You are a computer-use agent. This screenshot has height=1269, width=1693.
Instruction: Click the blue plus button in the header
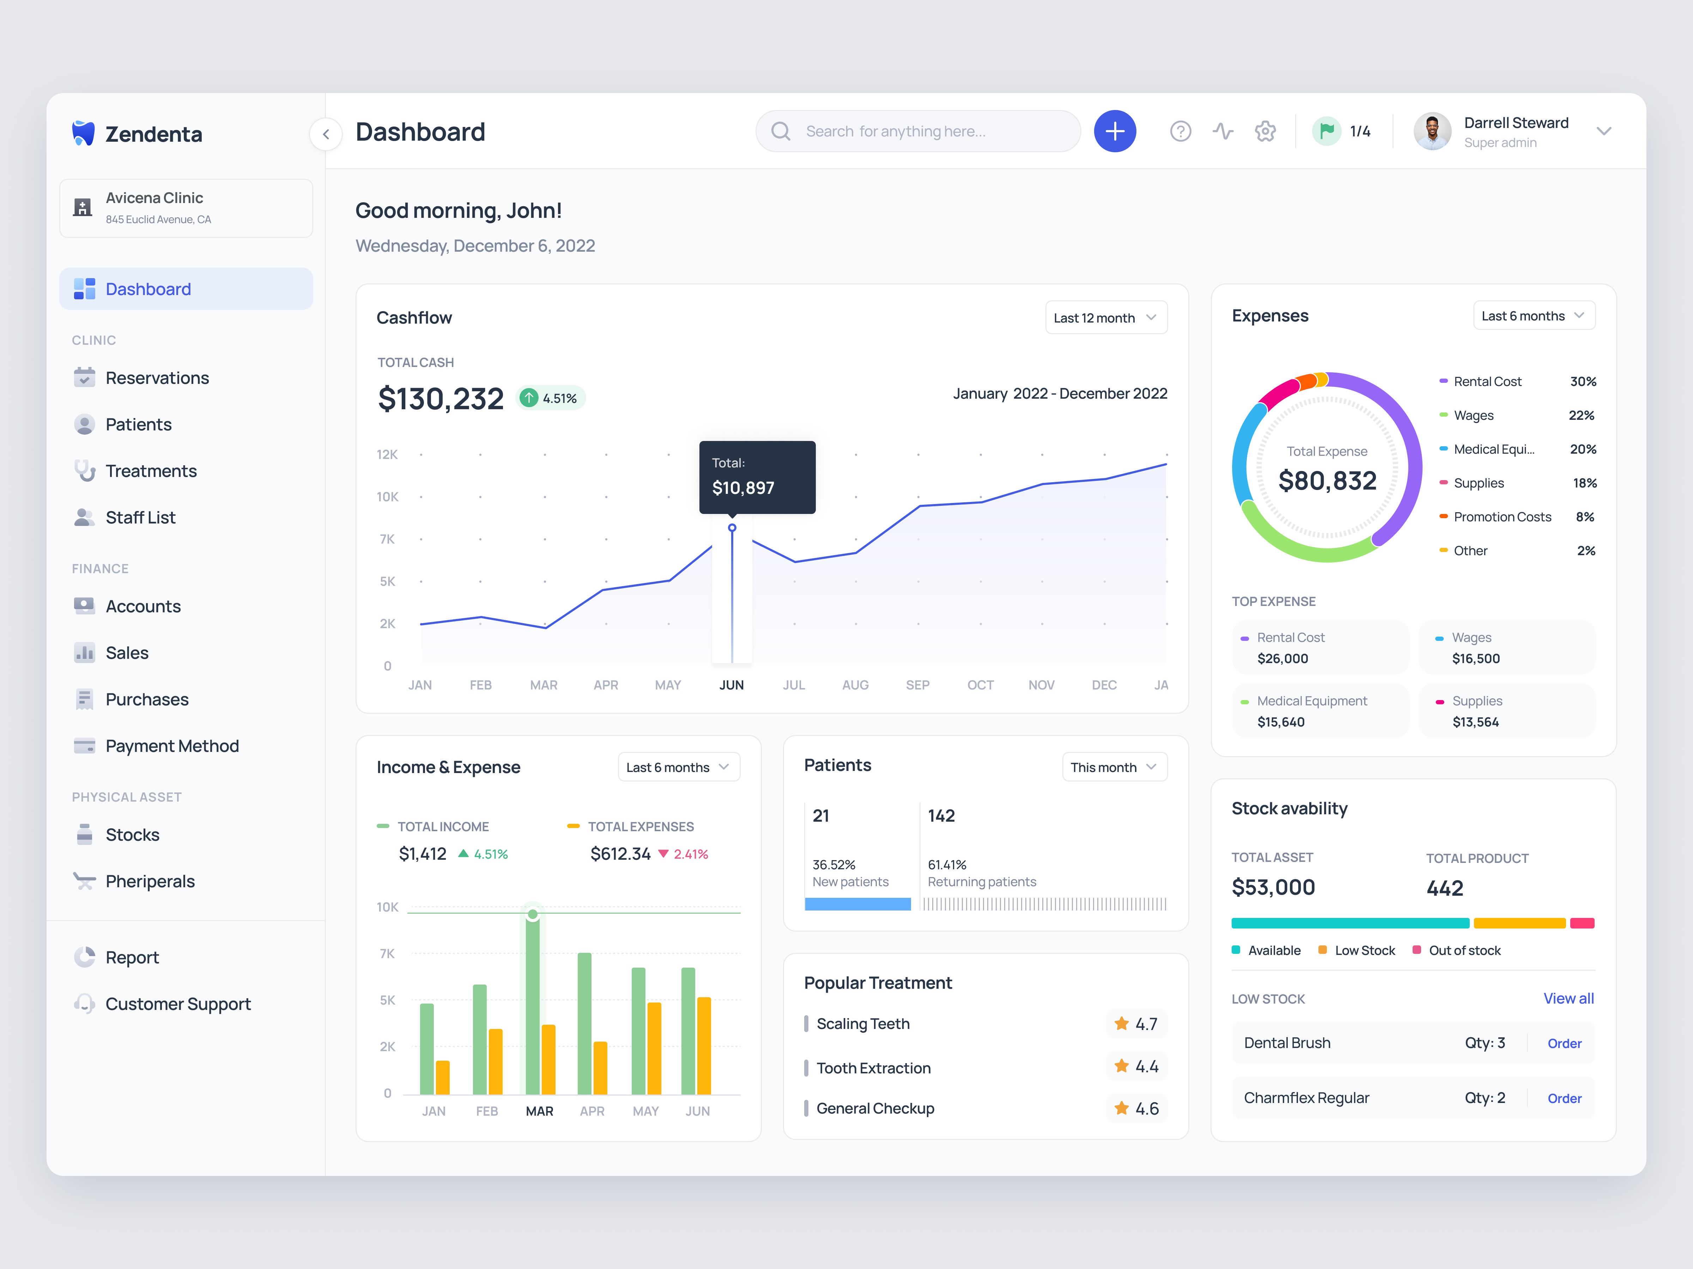pyautogui.click(x=1114, y=131)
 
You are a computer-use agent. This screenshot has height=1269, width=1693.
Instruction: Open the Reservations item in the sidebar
pyautogui.click(x=157, y=378)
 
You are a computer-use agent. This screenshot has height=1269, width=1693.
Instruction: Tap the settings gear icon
pyautogui.click(x=1265, y=131)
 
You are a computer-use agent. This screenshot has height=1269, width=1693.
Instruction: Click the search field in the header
pyautogui.click(x=918, y=131)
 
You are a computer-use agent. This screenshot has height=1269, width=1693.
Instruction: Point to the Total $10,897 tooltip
pyautogui.click(x=757, y=477)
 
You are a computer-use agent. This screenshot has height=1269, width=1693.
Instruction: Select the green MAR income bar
pyautogui.click(x=533, y=1002)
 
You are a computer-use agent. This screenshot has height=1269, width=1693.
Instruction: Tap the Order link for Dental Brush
pyautogui.click(x=1564, y=1043)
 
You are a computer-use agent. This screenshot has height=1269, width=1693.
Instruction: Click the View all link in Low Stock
pyautogui.click(x=1567, y=998)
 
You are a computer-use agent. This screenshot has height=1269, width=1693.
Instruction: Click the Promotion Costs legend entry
pyautogui.click(x=1502, y=517)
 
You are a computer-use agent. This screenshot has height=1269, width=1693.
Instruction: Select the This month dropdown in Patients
pyautogui.click(x=1114, y=767)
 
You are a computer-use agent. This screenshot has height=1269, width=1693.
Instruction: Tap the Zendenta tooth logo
pyautogui.click(x=83, y=133)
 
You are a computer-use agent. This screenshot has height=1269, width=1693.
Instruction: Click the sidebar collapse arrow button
pyautogui.click(x=326, y=135)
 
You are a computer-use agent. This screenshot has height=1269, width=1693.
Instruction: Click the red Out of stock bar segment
pyautogui.click(x=1581, y=923)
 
